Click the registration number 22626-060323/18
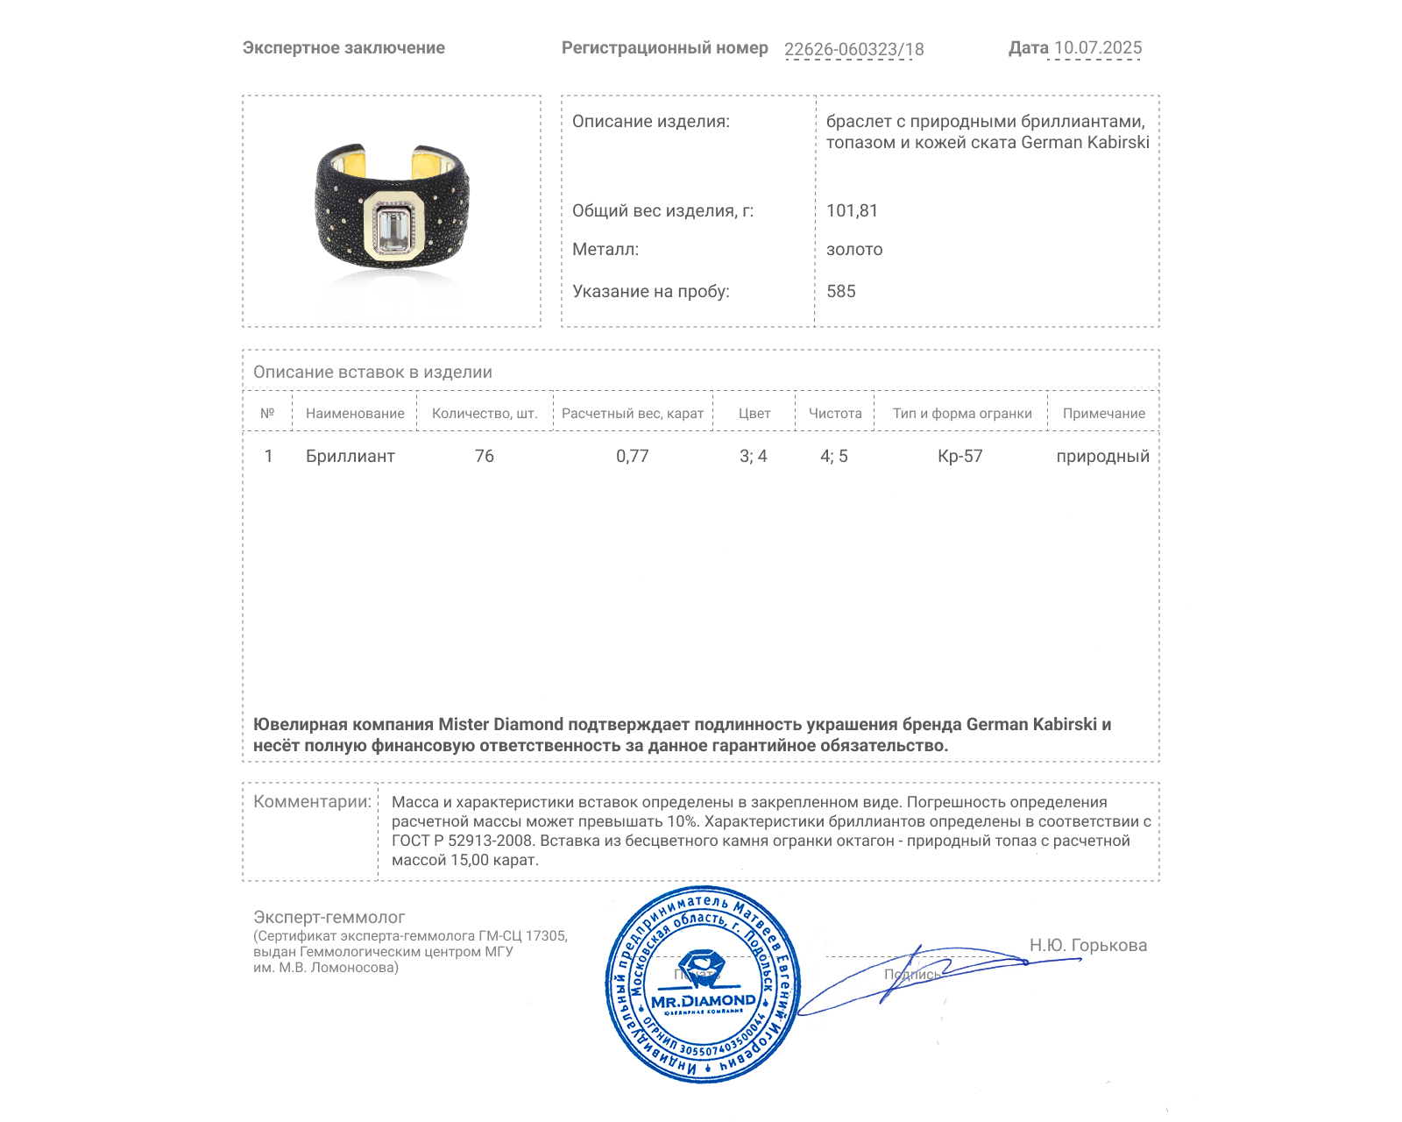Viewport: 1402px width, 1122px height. pos(853,49)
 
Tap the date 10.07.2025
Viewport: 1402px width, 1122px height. pos(1097,48)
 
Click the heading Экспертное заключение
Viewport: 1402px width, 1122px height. pos(343,48)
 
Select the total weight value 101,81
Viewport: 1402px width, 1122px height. pos(852,210)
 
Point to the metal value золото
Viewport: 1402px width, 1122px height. pos(854,249)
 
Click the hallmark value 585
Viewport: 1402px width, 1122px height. pos(840,291)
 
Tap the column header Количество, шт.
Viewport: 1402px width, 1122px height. pos(484,413)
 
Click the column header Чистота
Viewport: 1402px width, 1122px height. pos(834,413)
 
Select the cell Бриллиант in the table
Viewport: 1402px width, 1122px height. pos(350,456)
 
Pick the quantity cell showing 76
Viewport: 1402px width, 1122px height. pos(484,456)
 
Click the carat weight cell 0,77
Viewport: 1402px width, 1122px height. pos(632,456)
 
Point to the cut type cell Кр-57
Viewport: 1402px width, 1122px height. pos(959,456)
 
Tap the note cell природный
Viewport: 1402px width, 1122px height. pos(1102,456)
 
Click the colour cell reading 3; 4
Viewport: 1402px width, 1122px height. pos(753,456)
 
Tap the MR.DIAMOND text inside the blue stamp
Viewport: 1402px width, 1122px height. pos(703,1001)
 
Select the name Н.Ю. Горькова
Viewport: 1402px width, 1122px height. pos(1087,945)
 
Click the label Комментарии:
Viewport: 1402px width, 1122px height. pos(312,801)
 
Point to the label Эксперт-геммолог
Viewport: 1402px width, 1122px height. pos(329,917)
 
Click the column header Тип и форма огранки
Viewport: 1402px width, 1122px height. pos(962,413)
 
